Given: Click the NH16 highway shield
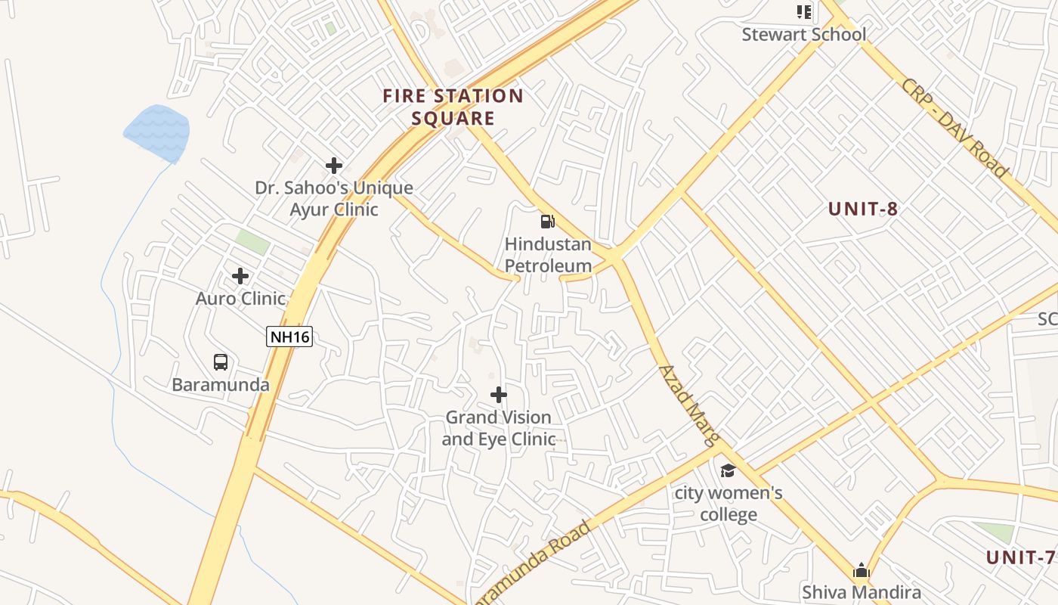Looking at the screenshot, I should (289, 337).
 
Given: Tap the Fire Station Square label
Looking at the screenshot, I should (453, 107).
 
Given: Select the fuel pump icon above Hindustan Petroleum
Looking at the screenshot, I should (547, 222).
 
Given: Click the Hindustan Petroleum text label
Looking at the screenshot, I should (548, 255).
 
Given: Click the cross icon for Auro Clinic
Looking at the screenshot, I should (240, 276).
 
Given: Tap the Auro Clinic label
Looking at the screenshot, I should (240, 299).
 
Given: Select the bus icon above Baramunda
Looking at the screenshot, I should (221, 362).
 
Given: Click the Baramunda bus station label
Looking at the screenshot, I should (221, 384).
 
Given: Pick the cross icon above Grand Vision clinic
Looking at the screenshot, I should (499, 395).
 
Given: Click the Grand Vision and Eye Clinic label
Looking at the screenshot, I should (499, 428).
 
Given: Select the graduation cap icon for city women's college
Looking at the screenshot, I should (728, 471).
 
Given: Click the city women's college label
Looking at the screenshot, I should (729, 504).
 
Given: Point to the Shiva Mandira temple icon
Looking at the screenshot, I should (862, 571).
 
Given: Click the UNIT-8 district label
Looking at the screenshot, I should (863, 209).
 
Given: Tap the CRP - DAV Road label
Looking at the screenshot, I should (954, 128).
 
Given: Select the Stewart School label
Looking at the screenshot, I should (804, 34).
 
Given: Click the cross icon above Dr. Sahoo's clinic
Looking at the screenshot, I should (334, 166).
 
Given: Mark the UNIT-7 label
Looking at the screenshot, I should (1020, 558).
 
